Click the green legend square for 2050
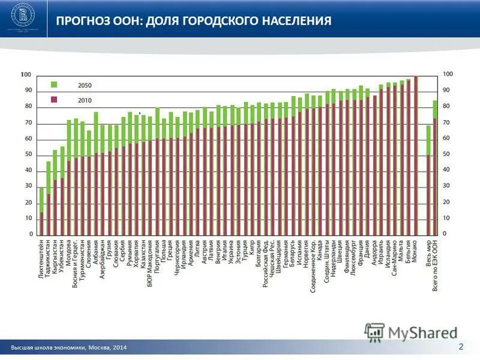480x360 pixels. click(x=53, y=85)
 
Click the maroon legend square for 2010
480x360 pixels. click(x=53, y=100)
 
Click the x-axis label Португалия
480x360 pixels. click(x=158, y=256)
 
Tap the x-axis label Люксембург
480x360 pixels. click(x=354, y=257)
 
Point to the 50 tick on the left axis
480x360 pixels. click(x=28, y=154)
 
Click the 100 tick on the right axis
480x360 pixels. click(x=448, y=74)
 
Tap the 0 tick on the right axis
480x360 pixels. click(x=445, y=233)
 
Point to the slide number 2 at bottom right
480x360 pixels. click(x=461, y=346)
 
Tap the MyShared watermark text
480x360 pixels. click(x=422, y=332)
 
